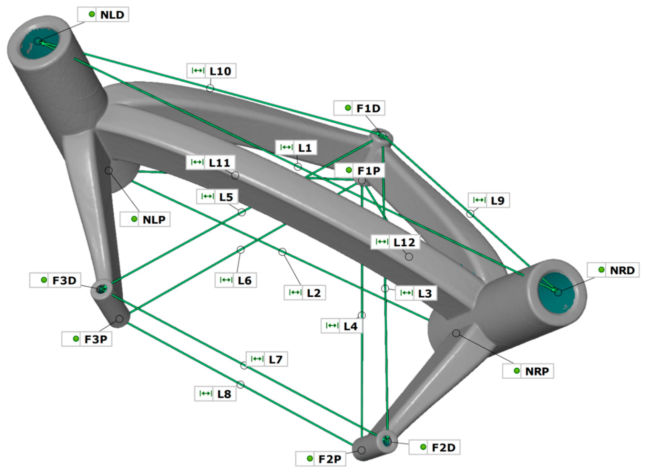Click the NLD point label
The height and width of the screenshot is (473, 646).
tap(103, 15)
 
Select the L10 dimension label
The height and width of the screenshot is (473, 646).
tap(211, 71)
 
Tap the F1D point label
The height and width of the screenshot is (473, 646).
tap(359, 108)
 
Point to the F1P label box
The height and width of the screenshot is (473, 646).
tap(360, 171)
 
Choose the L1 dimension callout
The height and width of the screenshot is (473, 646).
tap(296, 148)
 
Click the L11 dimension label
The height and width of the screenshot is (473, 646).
tap(210, 163)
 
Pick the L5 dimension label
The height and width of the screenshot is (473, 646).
tap(217, 197)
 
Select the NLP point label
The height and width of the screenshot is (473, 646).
tap(145, 220)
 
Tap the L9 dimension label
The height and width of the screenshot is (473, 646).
tap(489, 200)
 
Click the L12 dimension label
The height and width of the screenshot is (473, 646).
tap(395, 242)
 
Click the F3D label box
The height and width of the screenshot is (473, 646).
tap(55, 280)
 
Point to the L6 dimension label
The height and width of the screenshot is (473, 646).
tap(236, 280)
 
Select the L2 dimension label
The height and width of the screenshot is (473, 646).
tap(305, 293)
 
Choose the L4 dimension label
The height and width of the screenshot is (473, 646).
tap(342, 326)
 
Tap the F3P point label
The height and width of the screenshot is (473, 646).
tap(87, 339)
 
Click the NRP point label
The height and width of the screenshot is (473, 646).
tap(528, 371)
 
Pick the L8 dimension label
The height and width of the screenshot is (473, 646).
tap(215, 394)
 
